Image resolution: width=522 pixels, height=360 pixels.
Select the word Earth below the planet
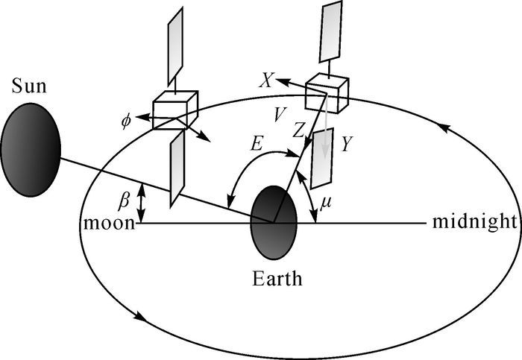277,280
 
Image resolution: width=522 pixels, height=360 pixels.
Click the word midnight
474,221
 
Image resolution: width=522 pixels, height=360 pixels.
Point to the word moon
109,222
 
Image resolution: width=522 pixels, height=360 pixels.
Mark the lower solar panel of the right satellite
322,157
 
